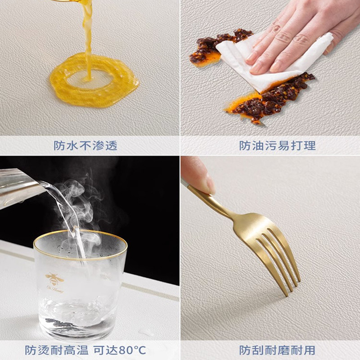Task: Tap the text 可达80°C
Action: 119,350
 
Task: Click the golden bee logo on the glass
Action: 54,279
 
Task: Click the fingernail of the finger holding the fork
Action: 210,184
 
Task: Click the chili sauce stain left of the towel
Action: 207,49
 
